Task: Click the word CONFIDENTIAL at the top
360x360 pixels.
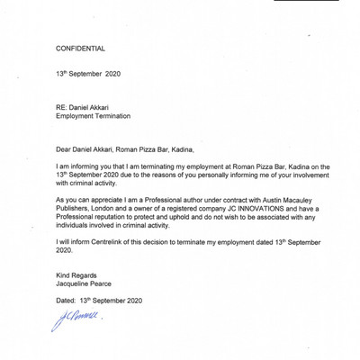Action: tap(80, 48)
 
